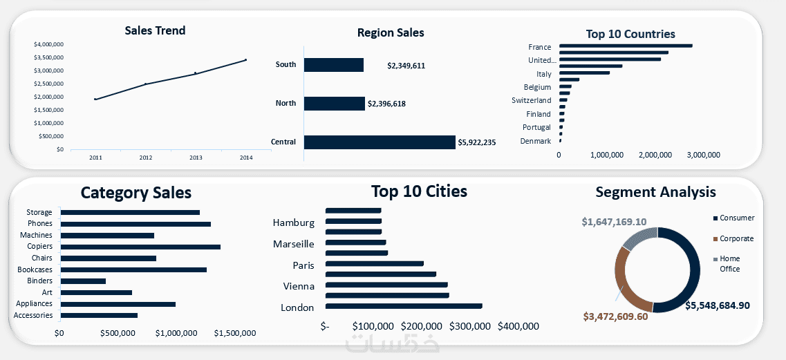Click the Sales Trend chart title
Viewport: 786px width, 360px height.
155,30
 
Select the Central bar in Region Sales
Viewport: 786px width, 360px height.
380,142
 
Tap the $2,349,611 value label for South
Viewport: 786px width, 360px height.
406,66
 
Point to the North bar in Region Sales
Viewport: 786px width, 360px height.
334,104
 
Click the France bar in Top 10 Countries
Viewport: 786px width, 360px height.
625,46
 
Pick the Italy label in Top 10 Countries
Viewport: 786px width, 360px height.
544,74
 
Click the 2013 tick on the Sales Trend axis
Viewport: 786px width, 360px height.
196,158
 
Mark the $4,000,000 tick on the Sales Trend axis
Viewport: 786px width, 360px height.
49,44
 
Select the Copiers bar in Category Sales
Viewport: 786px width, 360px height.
140,247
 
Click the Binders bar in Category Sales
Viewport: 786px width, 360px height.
83,281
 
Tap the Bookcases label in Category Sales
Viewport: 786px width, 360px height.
35,269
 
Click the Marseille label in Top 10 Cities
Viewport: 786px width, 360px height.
294,244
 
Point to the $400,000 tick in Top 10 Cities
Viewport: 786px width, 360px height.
518,326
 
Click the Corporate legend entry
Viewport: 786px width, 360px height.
736,238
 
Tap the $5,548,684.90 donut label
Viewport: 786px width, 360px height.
718,305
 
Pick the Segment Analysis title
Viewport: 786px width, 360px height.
655,192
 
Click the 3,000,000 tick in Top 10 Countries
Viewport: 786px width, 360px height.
704,155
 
